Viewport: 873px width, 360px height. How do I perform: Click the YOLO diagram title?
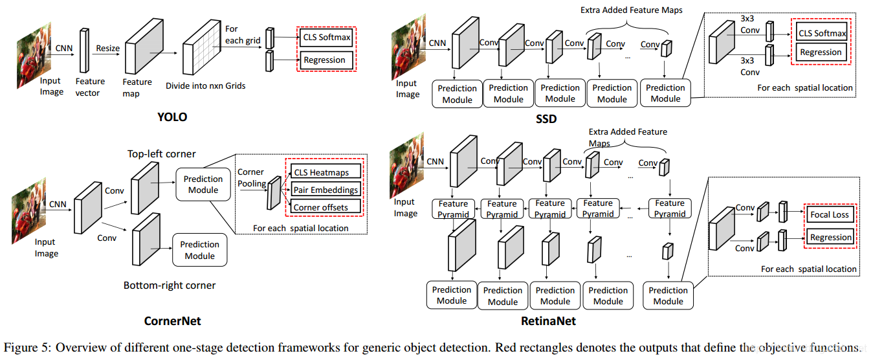(x=171, y=117)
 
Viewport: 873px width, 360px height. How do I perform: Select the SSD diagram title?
(x=546, y=118)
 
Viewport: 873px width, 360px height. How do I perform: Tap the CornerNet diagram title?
(x=172, y=321)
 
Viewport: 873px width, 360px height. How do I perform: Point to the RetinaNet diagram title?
(x=548, y=321)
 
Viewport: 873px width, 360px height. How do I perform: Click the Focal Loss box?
(x=829, y=214)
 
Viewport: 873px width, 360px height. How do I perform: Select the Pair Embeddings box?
(x=326, y=190)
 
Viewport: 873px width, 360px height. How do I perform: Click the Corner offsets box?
(x=320, y=207)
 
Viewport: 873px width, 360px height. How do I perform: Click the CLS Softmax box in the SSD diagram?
(x=821, y=33)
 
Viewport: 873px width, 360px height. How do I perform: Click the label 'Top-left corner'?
(x=161, y=153)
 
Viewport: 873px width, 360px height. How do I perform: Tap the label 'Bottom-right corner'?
(x=170, y=285)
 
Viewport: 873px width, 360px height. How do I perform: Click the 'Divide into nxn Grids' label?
(x=205, y=85)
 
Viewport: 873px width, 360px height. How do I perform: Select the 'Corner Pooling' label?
(x=251, y=177)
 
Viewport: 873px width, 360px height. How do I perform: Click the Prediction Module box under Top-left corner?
(x=203, y=185)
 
